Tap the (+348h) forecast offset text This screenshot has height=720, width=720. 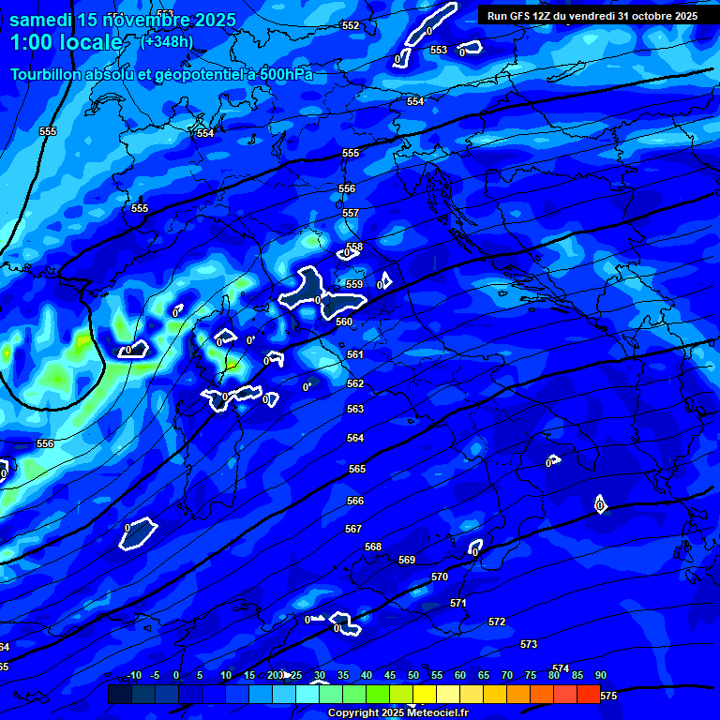pos(167,42)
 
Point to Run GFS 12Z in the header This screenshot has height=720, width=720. pos(521,16)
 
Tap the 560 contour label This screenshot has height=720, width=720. pos(344,322)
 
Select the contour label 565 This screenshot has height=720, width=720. pos(356,469)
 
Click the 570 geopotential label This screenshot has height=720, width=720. pos(440,577)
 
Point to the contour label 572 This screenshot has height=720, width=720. pos(497,622)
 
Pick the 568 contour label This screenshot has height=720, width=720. pos(373,547)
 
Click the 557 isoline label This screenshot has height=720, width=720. pos(351,213)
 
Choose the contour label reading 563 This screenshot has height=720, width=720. pos(355,409)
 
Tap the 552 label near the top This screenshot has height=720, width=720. pos(351,25)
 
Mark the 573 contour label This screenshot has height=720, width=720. pos(529,644)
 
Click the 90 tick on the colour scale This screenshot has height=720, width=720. pos(600,676)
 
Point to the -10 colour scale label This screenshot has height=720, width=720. pos(134,676)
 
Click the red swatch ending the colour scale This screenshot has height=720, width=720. pos(588,694)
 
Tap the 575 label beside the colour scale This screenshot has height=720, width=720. pos(608,696)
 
